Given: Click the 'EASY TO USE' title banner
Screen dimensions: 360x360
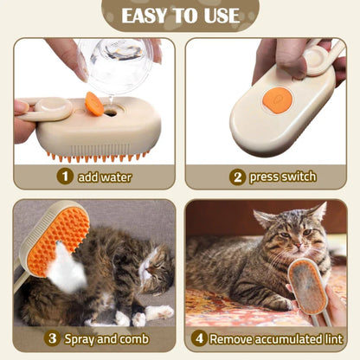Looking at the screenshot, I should tap(180, 16).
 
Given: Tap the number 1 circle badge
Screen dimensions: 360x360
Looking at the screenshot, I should tap(64, 177).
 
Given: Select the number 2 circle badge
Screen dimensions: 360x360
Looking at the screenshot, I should tap(237, 177).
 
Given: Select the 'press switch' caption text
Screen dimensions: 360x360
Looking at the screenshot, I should tap(282, 177).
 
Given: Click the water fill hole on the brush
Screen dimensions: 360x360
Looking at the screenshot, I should tap(110, 111).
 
